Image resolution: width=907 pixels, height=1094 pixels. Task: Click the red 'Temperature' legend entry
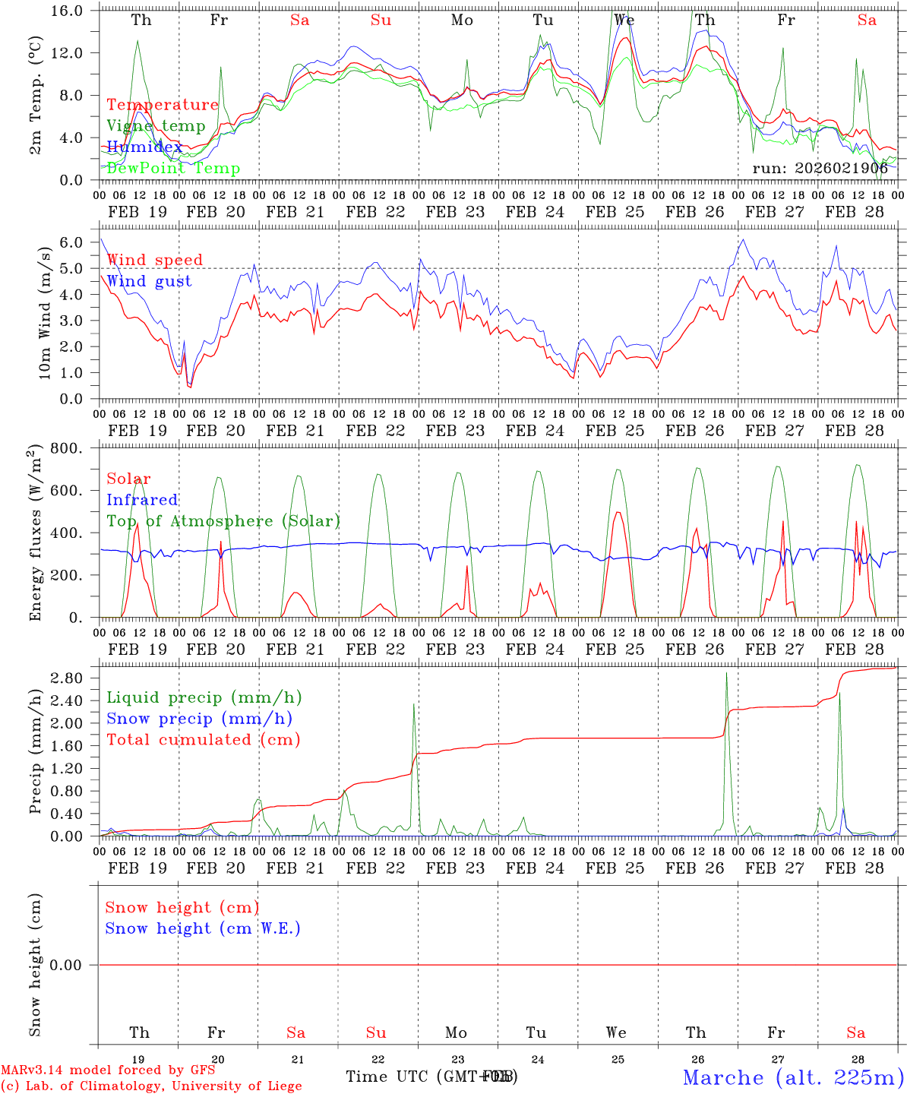[162, 105]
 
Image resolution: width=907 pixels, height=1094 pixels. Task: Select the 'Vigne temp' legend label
[156, 126]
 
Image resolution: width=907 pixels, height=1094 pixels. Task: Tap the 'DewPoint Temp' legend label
[173, 169]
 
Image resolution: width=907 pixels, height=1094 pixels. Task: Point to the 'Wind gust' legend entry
[149, 281]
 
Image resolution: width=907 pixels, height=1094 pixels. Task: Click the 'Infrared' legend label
[142, 500]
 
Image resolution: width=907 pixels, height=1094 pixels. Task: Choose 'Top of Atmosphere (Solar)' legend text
[223, 521]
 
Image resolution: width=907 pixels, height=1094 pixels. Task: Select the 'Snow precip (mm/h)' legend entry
[199, 719]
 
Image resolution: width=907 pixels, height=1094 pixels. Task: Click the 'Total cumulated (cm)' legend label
[203, 740]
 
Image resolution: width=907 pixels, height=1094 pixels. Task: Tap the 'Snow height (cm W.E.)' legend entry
[203, 928]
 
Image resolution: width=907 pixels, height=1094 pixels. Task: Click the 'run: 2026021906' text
[820, 169]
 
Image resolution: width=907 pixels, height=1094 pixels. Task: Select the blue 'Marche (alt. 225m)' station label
[793, 1077]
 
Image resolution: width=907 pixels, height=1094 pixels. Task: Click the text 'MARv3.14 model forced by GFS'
[108, 1070]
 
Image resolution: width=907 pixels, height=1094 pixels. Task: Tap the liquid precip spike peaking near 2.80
[726, 674]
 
